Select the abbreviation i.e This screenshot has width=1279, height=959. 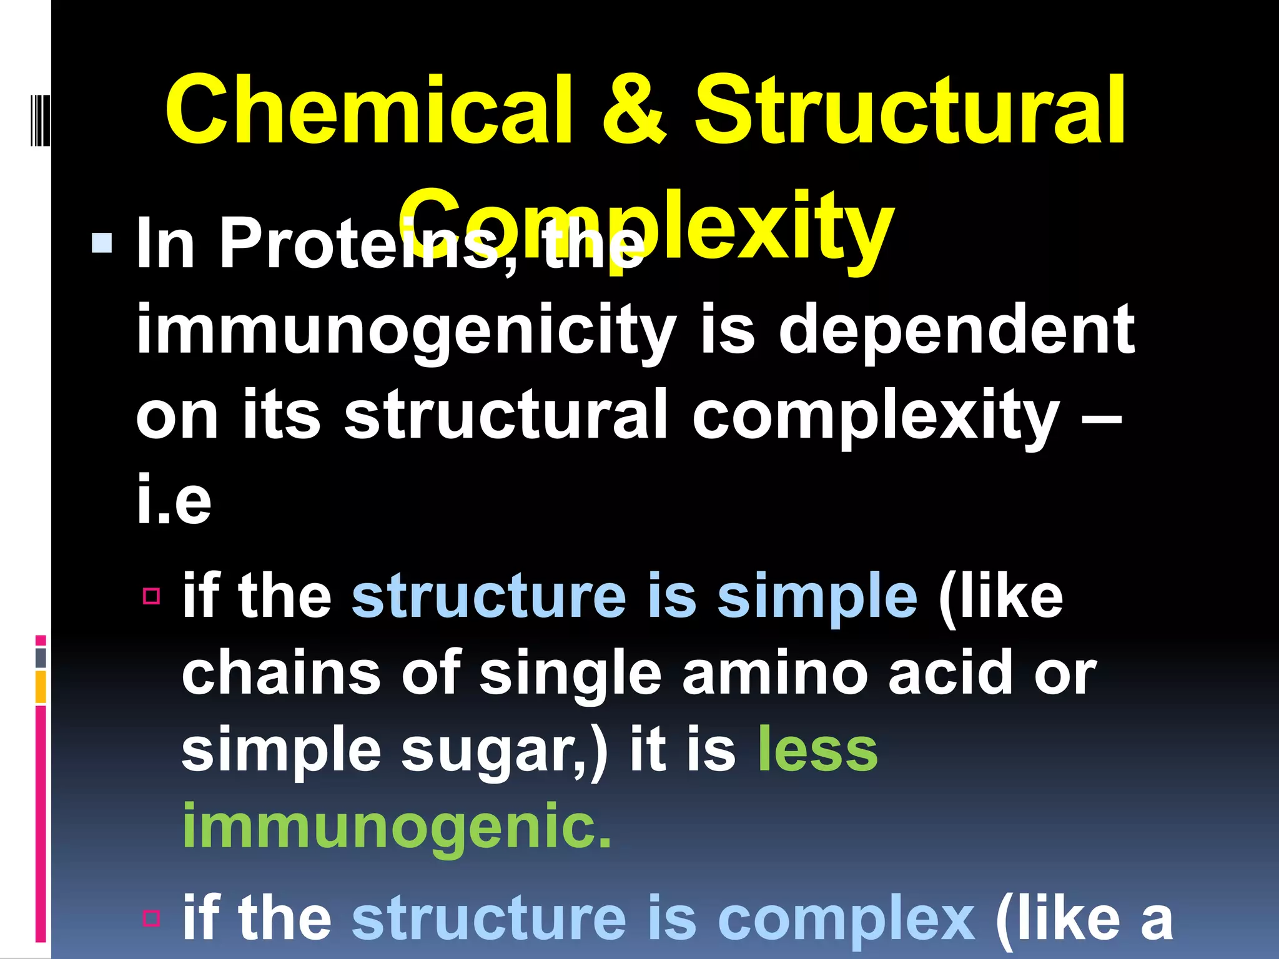174,499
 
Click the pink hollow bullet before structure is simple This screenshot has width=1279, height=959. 152,596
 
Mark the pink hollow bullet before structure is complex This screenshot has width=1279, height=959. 152,918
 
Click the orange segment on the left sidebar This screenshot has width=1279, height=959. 41,687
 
